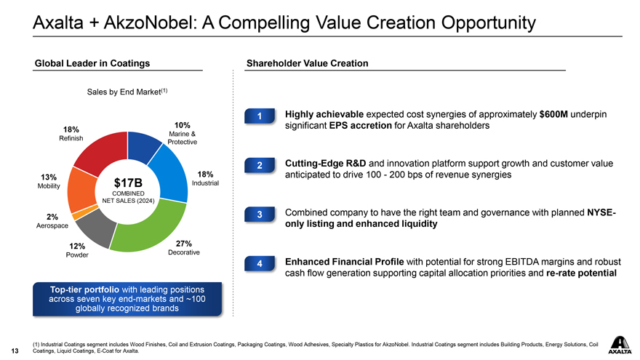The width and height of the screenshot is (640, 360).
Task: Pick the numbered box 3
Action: [x=260, y=215]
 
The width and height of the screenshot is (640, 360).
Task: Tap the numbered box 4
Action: [x=260, y=264]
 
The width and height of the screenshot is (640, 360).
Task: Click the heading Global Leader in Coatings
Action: [x=92, y=64]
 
